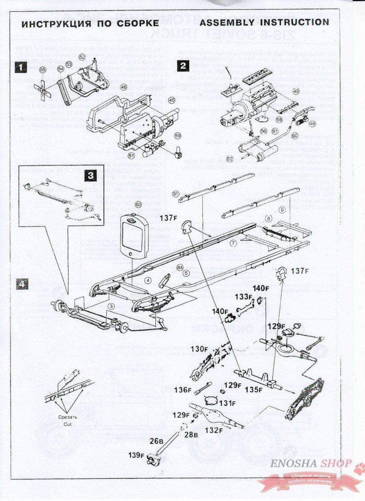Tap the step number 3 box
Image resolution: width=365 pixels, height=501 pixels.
pyautogui.click(x=90, y=175)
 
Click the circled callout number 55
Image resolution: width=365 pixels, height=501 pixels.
pyautogui.click(x=42, y=70)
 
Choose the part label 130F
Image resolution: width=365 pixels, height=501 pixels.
pyautogui.click(x=199, y=348)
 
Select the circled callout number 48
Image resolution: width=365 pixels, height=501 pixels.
pyautogui.click(x=313, y=123)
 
